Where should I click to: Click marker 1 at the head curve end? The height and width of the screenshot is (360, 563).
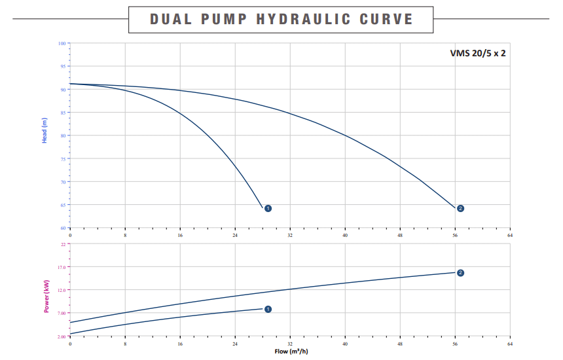268,208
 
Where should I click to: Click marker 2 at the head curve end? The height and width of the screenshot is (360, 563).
460,208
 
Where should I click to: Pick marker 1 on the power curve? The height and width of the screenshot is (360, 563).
268,309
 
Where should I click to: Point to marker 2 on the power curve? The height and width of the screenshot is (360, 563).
460,272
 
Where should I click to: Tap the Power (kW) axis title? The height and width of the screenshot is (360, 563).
46,297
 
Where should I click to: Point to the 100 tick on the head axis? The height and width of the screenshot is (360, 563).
63,43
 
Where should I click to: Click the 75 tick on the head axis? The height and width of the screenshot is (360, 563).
64,159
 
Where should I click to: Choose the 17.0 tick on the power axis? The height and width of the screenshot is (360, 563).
62,267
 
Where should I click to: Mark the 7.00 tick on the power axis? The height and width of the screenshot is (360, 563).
62,313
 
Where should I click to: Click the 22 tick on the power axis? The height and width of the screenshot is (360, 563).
64,244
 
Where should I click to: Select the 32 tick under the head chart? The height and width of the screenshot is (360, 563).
290,234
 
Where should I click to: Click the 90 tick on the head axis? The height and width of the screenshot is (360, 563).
64,90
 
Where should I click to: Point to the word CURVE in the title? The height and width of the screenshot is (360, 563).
386,18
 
